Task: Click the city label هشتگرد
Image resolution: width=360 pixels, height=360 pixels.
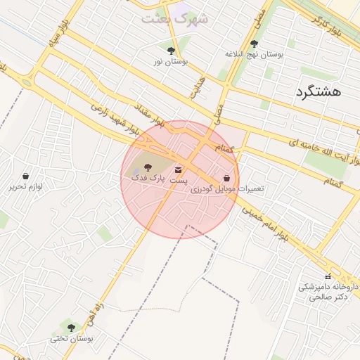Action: [318, 92]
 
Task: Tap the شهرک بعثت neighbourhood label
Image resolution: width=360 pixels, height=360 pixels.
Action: [174, 19]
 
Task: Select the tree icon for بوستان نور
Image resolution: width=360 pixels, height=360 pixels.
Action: [171, 51]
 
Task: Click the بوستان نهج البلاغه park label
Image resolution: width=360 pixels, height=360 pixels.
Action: [254, 54]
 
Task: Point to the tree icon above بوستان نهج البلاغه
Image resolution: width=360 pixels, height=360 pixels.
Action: [254, 44]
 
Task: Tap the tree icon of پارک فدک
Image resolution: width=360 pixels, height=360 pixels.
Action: [147, 167]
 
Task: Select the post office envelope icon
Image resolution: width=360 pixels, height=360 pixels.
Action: [178, 169]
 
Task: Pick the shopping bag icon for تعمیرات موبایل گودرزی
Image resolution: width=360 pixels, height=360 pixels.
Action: [226, 179]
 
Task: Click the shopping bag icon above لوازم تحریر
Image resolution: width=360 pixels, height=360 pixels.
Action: [26, 176]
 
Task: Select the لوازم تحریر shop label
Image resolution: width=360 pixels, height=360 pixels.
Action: [26, 186]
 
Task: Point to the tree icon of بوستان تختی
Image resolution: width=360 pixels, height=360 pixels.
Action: [71, 327]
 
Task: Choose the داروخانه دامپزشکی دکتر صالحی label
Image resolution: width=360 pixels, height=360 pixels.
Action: [324, 292]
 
